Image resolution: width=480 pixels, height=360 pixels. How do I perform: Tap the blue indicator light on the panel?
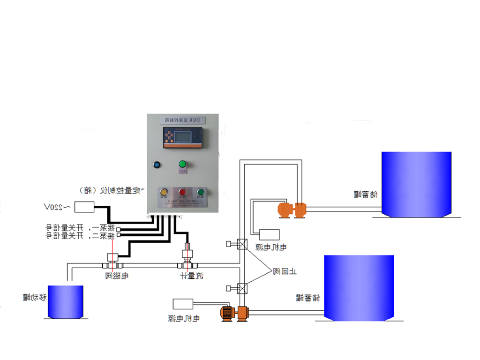(x=157, y=165)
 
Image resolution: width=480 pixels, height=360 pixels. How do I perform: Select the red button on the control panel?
(x=182, y=192)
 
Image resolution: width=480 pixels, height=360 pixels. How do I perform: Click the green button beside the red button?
(x=201, y=192)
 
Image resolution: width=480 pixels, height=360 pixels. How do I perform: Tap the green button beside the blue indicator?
(x=182, y=164)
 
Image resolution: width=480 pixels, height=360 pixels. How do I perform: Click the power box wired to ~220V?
(x=84, y=207)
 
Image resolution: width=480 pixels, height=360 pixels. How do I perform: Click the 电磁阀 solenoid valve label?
(x=117, y=276)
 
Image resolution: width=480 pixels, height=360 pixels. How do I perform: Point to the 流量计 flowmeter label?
(x=192, y=276)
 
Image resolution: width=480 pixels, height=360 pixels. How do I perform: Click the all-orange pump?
(x=292, y=210)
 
